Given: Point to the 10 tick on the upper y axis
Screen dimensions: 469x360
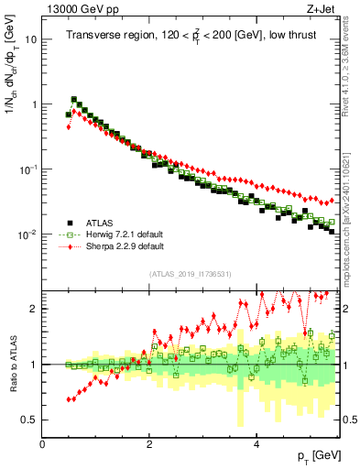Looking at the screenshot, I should tap(30, 40).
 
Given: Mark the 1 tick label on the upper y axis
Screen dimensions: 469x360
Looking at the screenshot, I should tap(34, 104).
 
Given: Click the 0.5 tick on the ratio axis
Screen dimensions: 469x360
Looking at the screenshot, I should tap(28, 420).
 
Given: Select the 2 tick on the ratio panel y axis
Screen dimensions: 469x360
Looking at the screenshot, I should tap(34, 309).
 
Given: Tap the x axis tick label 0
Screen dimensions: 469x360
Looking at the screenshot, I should tap(42, 444).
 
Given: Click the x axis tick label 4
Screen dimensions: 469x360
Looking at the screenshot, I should tap(256, 444).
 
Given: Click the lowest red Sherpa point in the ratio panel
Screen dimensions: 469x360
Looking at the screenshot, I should tap(69, 400).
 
